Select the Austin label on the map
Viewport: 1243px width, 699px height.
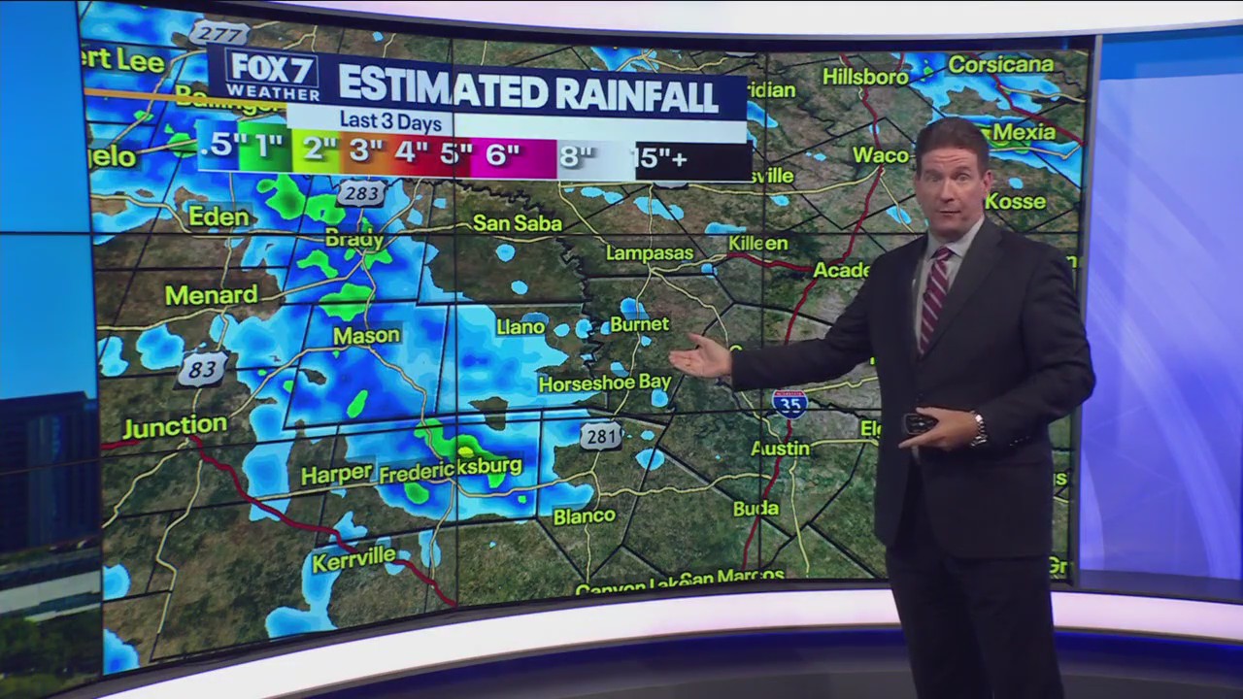click(780, 449)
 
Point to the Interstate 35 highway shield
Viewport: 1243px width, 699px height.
click(789, 403)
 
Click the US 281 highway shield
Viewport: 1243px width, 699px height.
click(601, 436)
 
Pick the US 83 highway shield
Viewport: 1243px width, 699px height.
click(202, 369)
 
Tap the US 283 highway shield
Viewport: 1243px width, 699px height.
click(360, 193)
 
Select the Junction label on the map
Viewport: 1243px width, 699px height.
click(175, 425)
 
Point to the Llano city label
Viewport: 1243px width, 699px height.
click(521, 327)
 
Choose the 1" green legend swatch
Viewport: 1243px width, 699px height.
click(262, 148)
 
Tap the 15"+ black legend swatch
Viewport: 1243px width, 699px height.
click(691, 158)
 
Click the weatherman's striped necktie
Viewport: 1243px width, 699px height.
click(934, 297)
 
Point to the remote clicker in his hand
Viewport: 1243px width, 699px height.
click(919, 423)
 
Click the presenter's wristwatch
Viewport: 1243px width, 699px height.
click(978, 428)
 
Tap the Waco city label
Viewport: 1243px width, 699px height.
click(881, 154)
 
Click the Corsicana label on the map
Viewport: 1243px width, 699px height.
click(1000, 65)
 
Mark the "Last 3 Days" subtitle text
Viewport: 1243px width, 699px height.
click(390, 122)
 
